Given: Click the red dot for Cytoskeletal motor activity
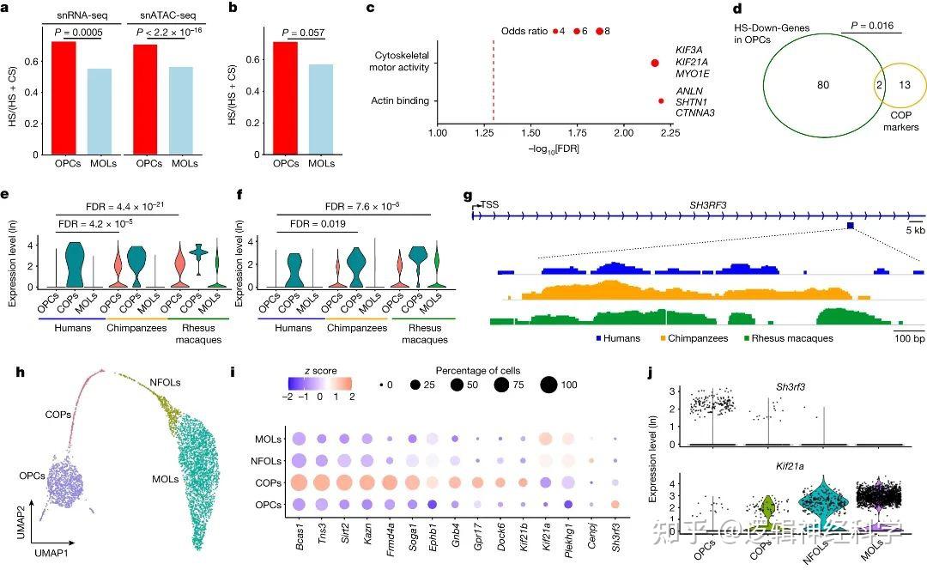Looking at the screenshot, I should click(655, 63).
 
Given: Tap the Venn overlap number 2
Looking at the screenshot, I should click(877, 86).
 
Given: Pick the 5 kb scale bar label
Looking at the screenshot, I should click(915, 230).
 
